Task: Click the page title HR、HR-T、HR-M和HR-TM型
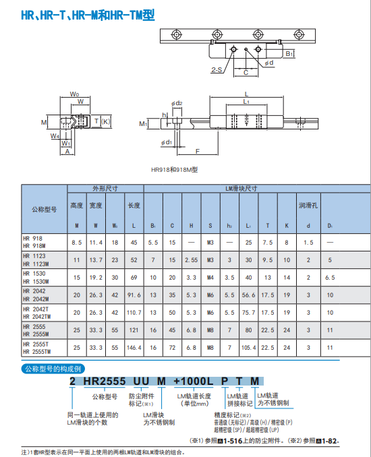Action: click(88, 15)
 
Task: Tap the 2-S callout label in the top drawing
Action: click(217, 69)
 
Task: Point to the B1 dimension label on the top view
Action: click(289, 54)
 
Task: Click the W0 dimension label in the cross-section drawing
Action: click(74, 94)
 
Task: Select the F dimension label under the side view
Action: click(198, 151)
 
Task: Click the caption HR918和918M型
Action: click(175, 170)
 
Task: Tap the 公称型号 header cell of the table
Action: click(45, 209)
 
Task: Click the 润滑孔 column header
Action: click(308, 206)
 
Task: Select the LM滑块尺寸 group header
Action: click(241, 189)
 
